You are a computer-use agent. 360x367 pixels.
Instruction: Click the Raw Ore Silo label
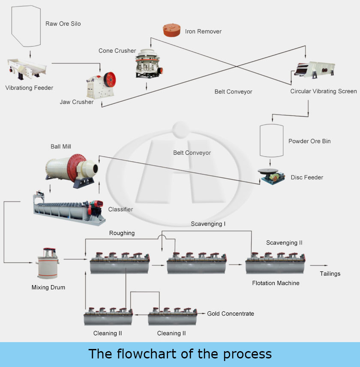[63, 24]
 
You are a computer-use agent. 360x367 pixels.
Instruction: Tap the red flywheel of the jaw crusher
[111, 79]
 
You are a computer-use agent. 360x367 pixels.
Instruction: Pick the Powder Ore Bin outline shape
[271, 140]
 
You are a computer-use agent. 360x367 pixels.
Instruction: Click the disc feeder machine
[271, 176]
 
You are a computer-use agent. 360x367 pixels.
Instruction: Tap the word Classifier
[120, 209]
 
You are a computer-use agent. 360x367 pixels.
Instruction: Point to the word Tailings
[330, 274]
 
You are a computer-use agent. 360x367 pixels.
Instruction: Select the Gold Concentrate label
[231, 313]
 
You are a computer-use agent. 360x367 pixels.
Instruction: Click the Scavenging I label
[208, 223]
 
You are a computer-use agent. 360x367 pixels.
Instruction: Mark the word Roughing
[122, 233]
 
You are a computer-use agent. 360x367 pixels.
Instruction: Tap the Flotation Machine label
[276, 283]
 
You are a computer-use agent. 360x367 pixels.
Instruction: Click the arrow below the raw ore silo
[30, 54]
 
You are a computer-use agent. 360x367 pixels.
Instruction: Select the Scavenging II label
[284, 243]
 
